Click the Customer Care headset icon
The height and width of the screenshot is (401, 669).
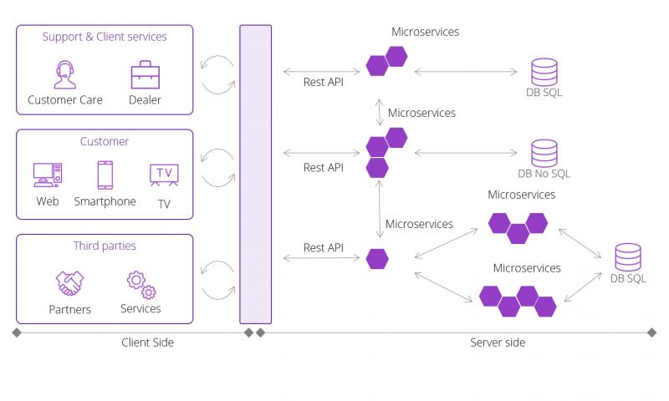64,74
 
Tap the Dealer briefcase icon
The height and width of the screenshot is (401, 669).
145,74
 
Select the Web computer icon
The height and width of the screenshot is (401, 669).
48,175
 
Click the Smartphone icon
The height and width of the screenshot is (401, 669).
105,175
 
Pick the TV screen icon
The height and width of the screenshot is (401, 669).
163,174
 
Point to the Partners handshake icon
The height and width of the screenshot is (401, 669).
69,283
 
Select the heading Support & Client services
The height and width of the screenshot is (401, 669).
105,37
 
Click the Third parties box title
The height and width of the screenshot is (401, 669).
105,246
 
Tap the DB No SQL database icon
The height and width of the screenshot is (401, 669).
544,153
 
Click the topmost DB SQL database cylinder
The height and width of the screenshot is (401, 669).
544,72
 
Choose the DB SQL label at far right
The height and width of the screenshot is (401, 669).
627,278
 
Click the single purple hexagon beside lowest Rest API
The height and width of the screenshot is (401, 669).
377,259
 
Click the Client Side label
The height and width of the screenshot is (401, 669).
148,343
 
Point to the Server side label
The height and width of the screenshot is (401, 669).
498,343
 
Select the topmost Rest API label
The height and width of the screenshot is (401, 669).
323,82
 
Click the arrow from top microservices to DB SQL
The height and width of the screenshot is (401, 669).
468,72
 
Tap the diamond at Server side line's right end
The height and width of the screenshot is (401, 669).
651,332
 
